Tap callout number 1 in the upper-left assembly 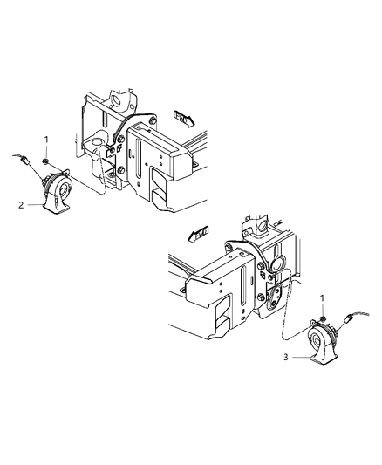click(47, 139)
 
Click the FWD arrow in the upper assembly click(186, 115)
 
